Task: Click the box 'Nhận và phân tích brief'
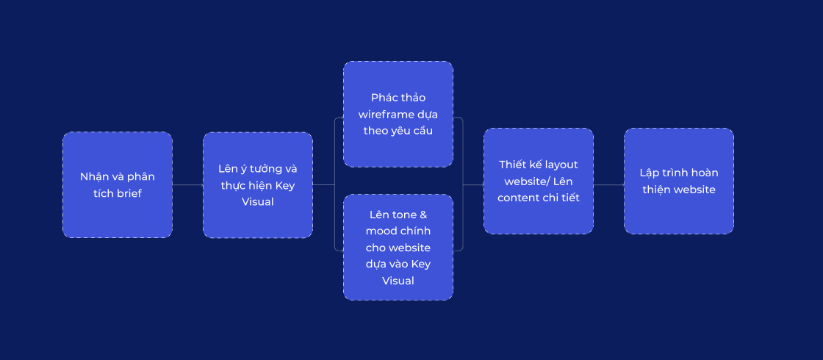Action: pyautogui.click(x=118, y=184)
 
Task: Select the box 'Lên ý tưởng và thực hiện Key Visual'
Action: pyautogui.click(x=258, y=184)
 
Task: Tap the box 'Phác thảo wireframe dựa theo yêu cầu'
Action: pyautogui.click(x=398, y=115)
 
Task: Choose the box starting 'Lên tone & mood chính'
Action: pyautogui.click(x=398, y=247)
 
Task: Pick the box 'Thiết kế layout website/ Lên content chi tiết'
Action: pyautogui.click(x=539, y=181)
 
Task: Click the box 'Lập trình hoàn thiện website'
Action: pyautogui.click(x=679, y=181)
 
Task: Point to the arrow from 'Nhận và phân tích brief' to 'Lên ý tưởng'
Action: pyautogui.click(x=188, y=184)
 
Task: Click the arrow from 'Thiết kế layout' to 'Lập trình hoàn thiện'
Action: pyautogui.click(x=609, y=184)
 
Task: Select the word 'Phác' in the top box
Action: pyautogui.click(x=384, y=98)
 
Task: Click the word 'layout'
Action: pyautogui.click(x=561, y=165)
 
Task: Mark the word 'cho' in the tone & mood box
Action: pyautogui.click(x=375, y=247)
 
